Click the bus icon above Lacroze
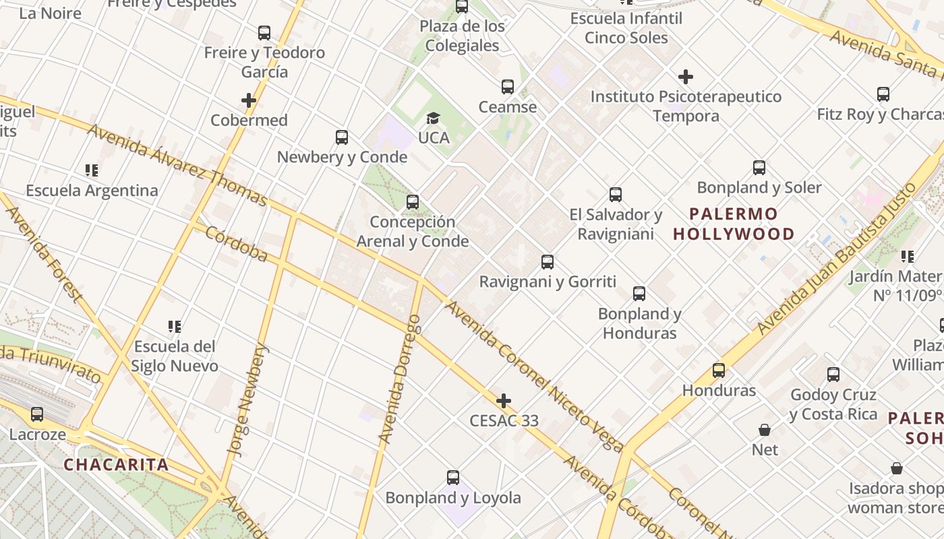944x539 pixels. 37,414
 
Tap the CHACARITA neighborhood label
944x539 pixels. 116,465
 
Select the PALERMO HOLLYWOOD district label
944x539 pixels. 734,224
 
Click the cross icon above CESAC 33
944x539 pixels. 504,402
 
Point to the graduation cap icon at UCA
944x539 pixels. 433,119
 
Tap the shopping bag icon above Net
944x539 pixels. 765,430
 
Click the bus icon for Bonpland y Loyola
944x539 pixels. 453,478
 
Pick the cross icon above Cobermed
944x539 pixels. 249,101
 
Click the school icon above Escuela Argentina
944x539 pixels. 92,170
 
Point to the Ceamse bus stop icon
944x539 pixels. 508,87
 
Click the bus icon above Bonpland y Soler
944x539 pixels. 759,168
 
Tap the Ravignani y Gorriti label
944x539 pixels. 548,282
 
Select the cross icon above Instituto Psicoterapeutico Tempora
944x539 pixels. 686,77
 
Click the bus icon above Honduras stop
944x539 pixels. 719,371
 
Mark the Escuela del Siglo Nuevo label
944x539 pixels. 175,356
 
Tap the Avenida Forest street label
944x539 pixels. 44,255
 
